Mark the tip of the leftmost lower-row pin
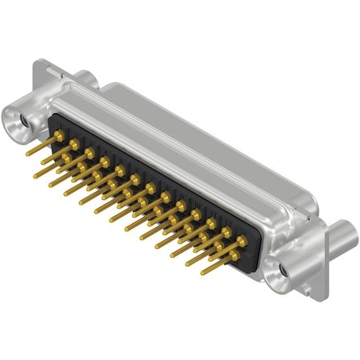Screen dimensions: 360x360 point(35,174)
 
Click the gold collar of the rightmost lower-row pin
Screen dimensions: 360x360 point(226,248)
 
